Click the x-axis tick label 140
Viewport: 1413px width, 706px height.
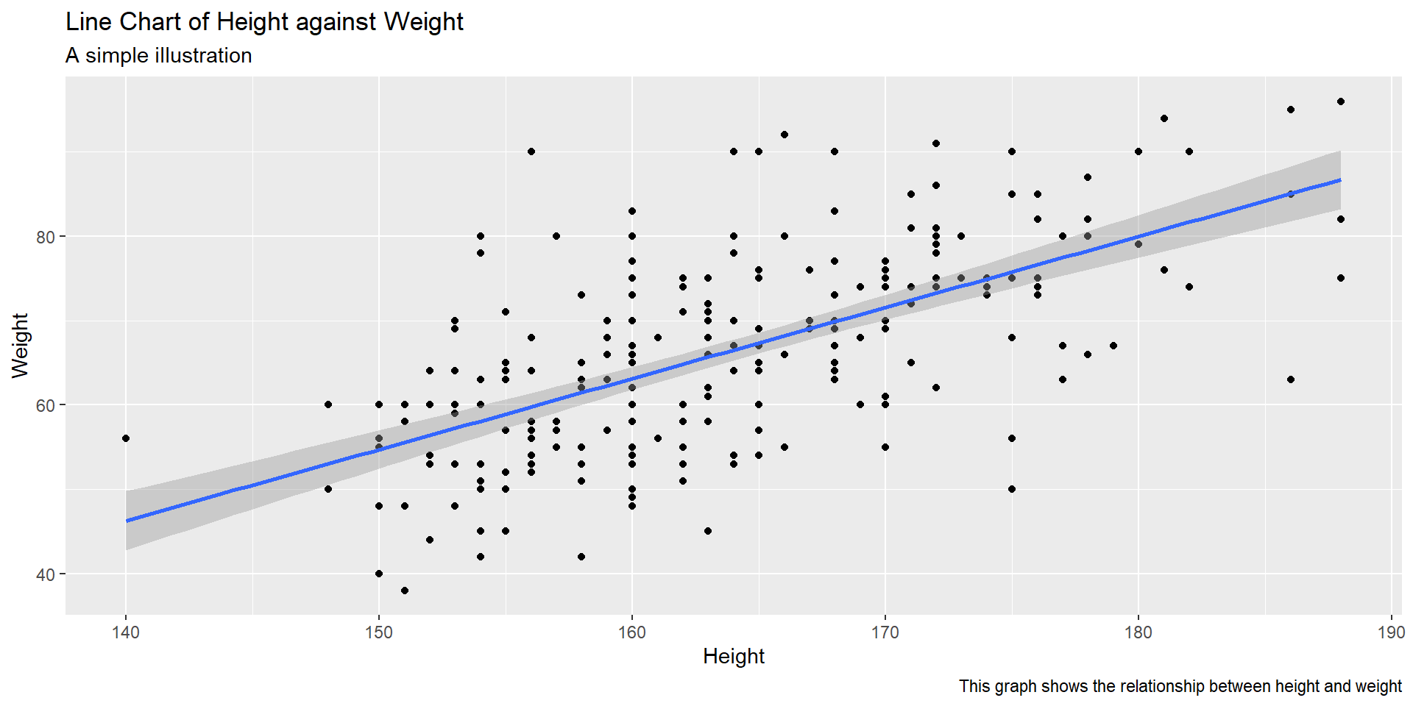(x=126, y=632)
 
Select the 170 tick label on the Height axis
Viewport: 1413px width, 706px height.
(x=885, y=632)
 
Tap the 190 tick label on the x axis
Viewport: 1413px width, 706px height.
(x=1391, y=632)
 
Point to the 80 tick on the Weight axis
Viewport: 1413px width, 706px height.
(x=46, y=237)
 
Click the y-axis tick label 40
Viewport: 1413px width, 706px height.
(x=46, y=574)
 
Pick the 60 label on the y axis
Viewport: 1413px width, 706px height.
(x=46, y=405)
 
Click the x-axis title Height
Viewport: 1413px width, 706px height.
(x=733, y=656)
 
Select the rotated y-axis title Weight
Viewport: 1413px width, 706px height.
(x=20, y=345)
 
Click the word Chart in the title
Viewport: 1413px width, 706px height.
(x=150, y=22)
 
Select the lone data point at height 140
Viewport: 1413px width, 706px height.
(x=126, y=438)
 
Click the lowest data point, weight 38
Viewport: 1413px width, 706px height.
(x=405, y=591)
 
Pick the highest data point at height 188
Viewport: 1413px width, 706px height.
(x=1341, y=101)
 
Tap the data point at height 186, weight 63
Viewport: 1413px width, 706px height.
(x=1290, y=379)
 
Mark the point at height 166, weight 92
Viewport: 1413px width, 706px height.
(x=785, y=135)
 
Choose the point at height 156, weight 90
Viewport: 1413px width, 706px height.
(x=531, y=151)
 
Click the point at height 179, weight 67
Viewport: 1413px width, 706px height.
(x=1113, y=346)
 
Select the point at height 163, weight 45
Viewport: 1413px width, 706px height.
(x=708, y=531)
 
